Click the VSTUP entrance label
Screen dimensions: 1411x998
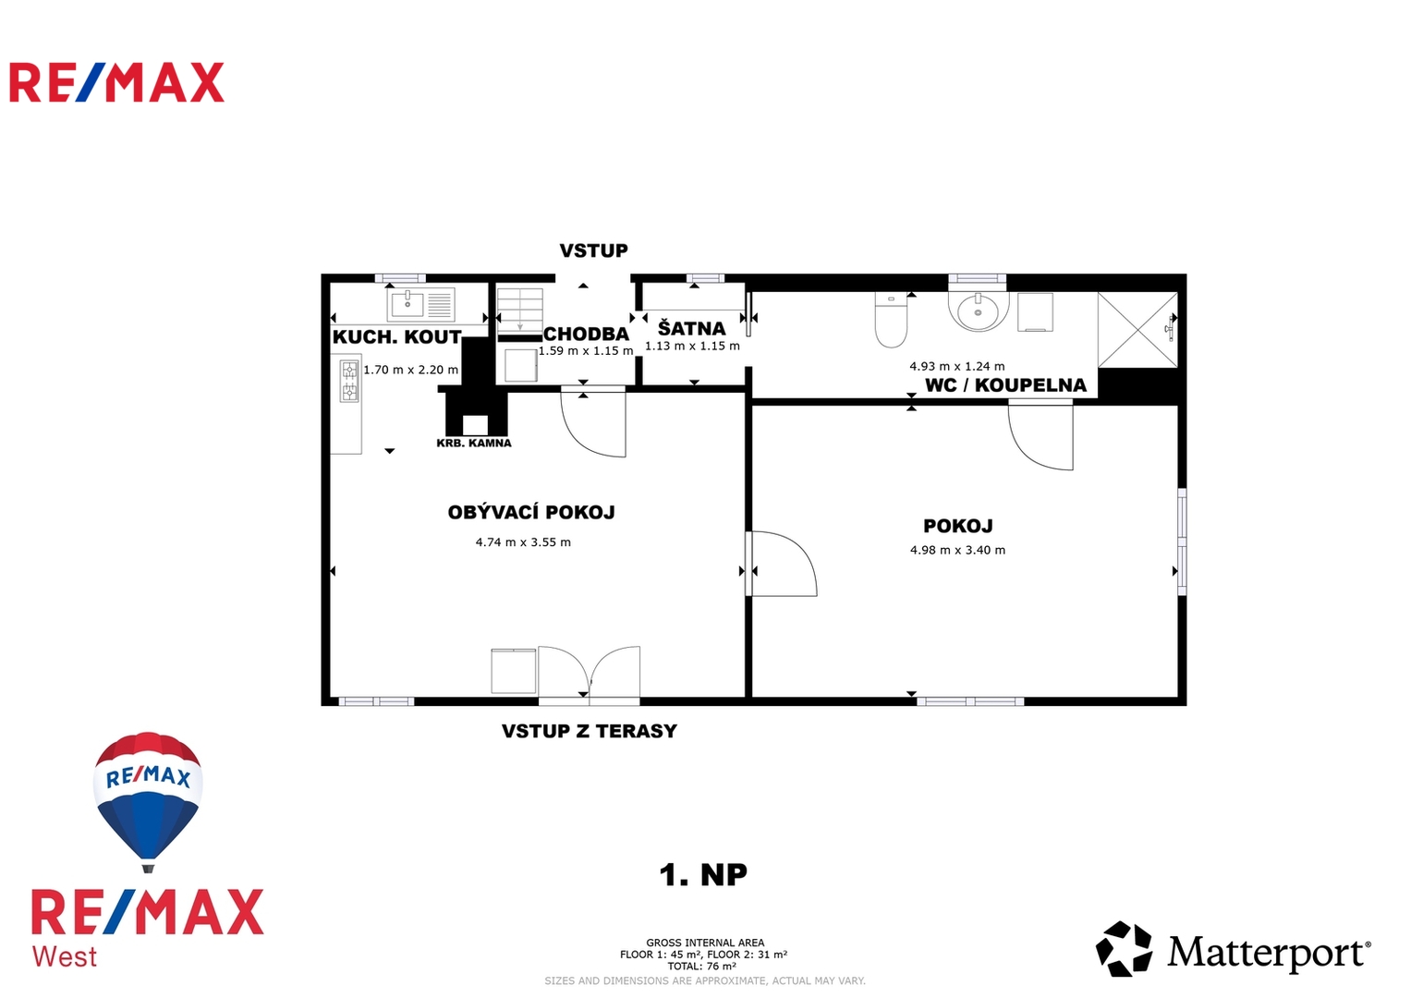pos(593,250)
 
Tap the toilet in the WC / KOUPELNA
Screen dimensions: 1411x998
pos(891,321)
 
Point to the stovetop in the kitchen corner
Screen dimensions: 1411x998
pos(349,381)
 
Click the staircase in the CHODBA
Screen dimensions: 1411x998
pos(519,310)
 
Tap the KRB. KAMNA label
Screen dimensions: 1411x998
pos(474,444)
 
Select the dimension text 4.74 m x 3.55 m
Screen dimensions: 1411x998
pos(523,542)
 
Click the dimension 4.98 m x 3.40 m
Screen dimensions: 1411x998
pos(957,550)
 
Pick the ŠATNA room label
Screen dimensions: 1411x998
pos(692,329)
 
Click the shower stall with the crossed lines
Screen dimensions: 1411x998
pos(1137,330)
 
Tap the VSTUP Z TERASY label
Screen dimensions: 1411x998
pos(589,731)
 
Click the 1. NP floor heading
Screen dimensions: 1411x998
pos(703,874)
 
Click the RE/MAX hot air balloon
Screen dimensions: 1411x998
pos(148,801)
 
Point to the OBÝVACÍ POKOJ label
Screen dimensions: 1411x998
pos(531,512)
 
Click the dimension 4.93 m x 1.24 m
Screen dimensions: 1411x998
pos(957,366)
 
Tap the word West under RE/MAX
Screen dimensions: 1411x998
pos(65,957)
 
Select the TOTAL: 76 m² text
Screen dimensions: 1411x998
pos(702,966)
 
